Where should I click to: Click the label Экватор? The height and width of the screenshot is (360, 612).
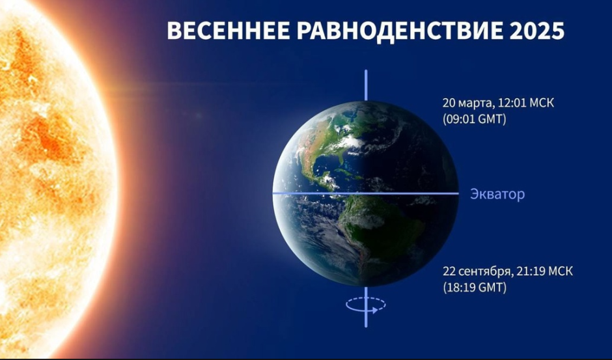pos(497,194)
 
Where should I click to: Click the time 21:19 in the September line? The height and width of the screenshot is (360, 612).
pos(529,271)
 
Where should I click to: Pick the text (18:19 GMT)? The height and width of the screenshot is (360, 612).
pos(475,287)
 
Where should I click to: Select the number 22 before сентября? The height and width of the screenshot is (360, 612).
pos(449,271)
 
